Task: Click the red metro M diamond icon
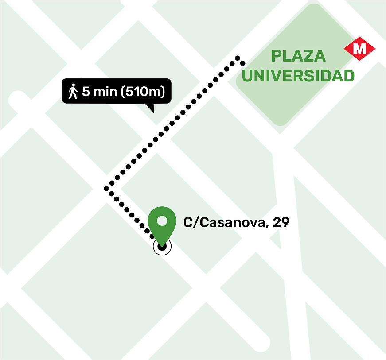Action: tap(359, 48)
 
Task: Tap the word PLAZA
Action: tap(298, 56)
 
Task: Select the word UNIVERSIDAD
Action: tap(298, 76)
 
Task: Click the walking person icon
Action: tap(73, 92)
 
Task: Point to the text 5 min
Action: tap(97, 92)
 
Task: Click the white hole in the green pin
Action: tap(162, 220)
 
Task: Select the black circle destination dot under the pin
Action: tap(162, 247)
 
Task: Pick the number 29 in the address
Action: tap(281, 222)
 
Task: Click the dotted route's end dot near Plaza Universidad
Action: tap(238, 58)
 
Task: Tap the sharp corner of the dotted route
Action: tap(106, 189)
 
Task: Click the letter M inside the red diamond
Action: tap(359, 48)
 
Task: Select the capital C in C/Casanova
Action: tap(188, 222)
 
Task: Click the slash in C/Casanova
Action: tap(195, 222)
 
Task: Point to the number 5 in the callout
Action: tap(86, 92)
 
